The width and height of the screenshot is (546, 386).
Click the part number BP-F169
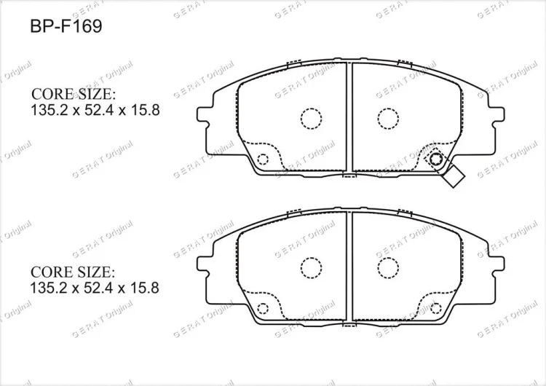tap(66, 26)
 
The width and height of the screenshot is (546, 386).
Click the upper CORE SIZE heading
tap(73, 94)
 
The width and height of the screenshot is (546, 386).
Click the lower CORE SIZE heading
tap(72, 272)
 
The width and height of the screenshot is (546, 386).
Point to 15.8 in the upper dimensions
tap(145, 111)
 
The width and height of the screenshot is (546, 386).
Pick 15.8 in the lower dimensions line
tap(144, 288)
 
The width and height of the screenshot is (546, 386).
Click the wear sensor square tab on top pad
tap(454, 176)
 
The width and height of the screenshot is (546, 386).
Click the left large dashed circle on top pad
tap(311, 119)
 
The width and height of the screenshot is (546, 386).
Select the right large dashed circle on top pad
tap(387, 119)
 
